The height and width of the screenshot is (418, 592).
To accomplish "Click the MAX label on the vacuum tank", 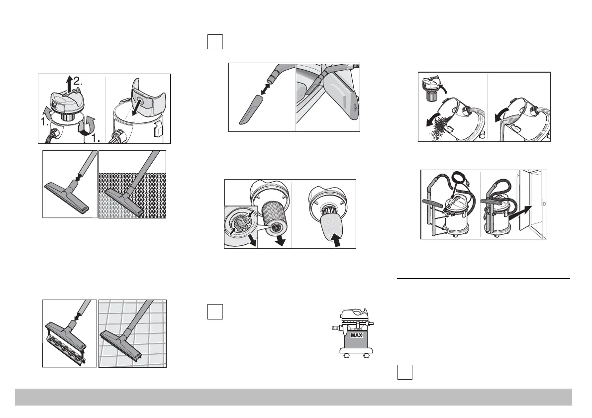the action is pyautogui.click(x=356, y=335).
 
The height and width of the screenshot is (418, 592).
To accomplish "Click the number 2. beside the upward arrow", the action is pyautogui.click(x=78, y=81).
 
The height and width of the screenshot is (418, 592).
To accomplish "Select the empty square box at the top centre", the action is pyautogui.click(x=215, y=41).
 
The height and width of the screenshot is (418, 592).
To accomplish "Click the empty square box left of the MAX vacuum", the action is pyautogui.click(x=215, y=312).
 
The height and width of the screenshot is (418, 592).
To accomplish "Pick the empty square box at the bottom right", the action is pyautogui.click(x=405, y=372).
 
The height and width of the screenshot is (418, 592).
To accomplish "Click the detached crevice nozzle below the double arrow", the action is pyautogui.click(x=250, y=109).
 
